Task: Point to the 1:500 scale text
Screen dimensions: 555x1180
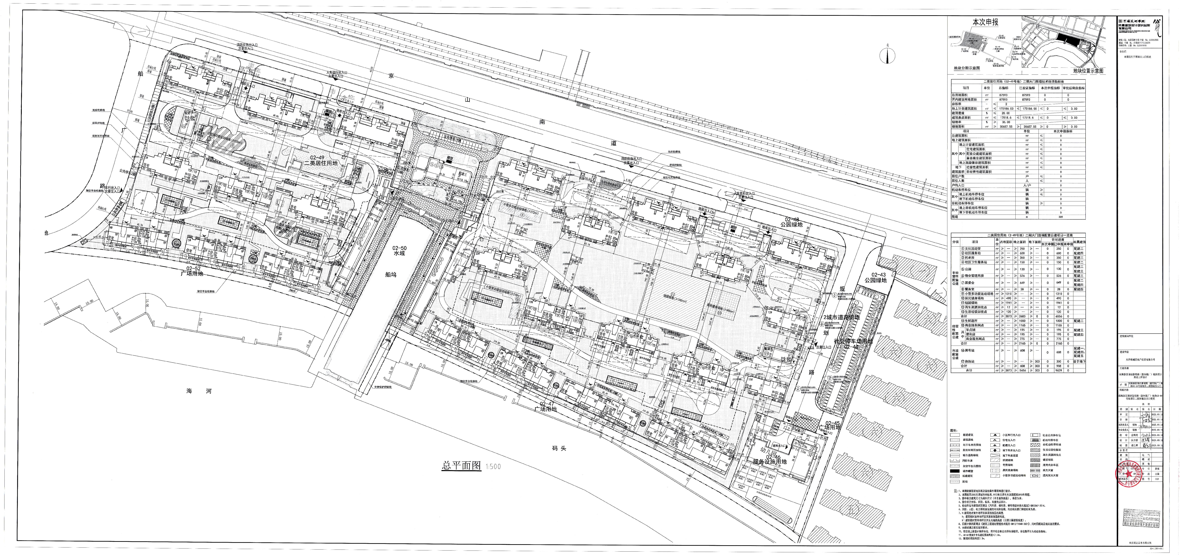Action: (x=493, y=467)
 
